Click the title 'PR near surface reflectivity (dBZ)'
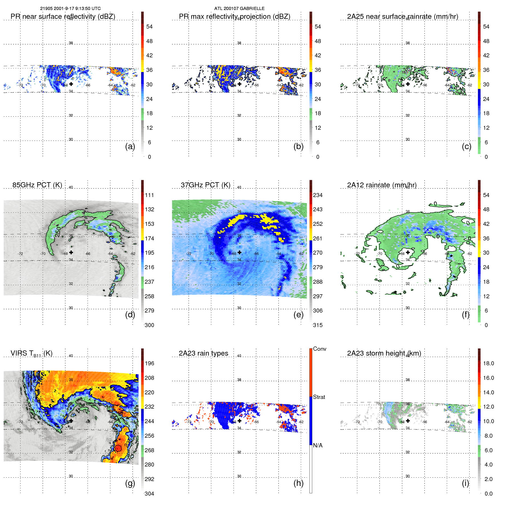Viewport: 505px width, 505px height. click(63, 17)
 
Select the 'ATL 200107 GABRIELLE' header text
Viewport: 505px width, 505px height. click(239, 9)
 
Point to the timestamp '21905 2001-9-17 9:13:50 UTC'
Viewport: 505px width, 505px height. click(70, 9)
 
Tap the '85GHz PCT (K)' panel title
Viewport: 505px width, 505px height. click(37, 185)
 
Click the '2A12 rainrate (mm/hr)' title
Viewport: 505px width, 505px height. click(382, 185)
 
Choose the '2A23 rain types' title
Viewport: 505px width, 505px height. click(203, 353)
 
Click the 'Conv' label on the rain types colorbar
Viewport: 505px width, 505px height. click(319, 349)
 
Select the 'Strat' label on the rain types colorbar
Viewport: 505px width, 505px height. click(319, 397)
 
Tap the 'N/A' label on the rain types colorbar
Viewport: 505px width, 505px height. click(318, 445)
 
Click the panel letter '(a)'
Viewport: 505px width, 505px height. click(130, 147)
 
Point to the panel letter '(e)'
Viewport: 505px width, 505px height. click(298, 315)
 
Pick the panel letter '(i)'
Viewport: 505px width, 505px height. click(465, 483)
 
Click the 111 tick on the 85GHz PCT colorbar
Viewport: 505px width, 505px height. click(149, 195)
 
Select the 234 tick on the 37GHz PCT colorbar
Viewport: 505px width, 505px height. click(318, 195)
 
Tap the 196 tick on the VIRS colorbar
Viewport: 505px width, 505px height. click(149, 364)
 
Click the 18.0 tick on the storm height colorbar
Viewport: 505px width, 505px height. click(488, 364)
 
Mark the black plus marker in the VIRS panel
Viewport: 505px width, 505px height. click(71, 421)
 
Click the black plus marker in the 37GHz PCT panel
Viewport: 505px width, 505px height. click(240, 252)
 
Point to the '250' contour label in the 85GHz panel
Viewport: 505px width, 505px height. click(58, 232)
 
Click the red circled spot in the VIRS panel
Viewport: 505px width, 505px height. click(118, 448)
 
